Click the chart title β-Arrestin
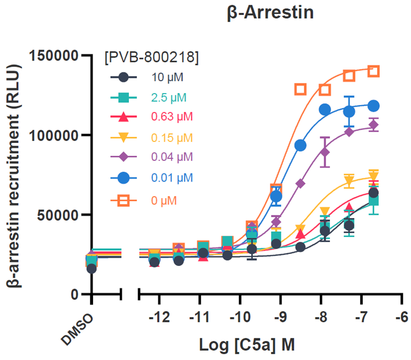click(x=270, y=13)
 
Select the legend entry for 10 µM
click(x=167, y=78)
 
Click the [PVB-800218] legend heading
click(x=151, y=57)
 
